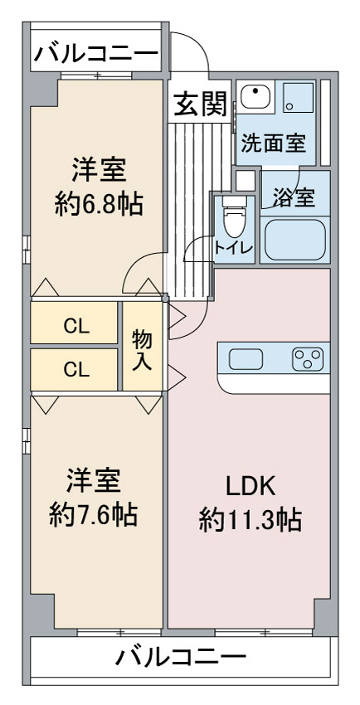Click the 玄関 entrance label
[x=200, y=105]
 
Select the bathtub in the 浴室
[x=294, y=238]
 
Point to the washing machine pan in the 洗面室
[x=298, y=97]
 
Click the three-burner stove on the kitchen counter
[x=308, y=359]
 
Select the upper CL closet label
[x=76, y=327]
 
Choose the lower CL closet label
[x=76, y=369]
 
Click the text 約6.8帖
[x=99, y=204]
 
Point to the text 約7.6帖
[x=93, y=515]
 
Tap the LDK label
[x=250, y=489]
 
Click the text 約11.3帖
[x=250, y=520]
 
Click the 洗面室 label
[x=274, y=143]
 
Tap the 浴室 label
[x=294, y=197]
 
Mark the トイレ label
[x=233, y=247]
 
